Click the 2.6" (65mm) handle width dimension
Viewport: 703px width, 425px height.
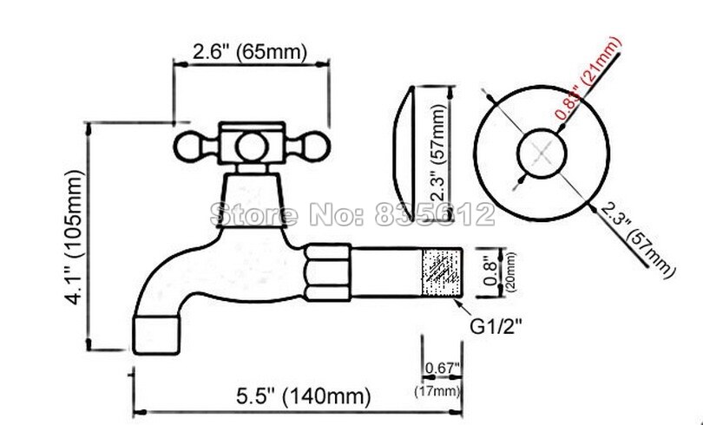point(249,52)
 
